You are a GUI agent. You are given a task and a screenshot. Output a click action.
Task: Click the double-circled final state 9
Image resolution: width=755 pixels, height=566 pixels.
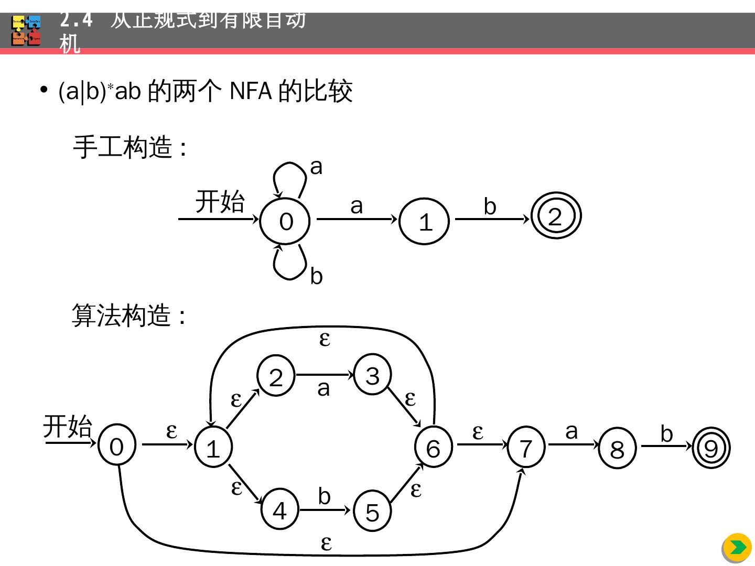tap(711, 448)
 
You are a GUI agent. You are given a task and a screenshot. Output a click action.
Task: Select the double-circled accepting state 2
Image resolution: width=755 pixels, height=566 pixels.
tap(556, 216)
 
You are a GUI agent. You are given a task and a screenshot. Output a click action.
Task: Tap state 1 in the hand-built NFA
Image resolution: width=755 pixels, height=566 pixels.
tap(425, 221)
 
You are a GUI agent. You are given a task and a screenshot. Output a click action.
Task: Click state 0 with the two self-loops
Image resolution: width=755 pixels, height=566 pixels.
tap(285, 221)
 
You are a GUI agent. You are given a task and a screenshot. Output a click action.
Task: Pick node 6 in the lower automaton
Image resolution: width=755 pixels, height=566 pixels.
tap(433, 448)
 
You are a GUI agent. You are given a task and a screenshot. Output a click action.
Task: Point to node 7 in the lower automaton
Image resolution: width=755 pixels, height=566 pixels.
tap(526, 448)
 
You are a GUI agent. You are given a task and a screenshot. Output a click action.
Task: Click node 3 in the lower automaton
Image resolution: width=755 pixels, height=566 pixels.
tap(372, 375)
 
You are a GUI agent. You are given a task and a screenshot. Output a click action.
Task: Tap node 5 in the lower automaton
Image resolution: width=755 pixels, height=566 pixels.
tap(372, 511)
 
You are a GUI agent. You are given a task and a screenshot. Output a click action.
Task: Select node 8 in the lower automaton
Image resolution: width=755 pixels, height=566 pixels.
tap(617, 449)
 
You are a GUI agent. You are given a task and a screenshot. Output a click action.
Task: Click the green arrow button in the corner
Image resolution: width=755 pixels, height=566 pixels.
tap(738, 548)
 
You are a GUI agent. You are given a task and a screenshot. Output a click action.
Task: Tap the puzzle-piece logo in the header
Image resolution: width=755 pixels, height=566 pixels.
tap(26, 30)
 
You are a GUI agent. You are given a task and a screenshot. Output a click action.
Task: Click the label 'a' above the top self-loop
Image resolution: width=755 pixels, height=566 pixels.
tap(316, 167)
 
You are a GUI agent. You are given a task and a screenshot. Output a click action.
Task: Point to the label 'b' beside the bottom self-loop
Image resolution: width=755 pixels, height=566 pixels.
tap(316, 276)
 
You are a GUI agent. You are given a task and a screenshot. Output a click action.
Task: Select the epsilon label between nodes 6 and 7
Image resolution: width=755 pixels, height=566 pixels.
tap(477, 432)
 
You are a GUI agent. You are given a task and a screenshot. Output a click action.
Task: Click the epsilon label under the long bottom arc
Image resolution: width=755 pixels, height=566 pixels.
tap(326, 543)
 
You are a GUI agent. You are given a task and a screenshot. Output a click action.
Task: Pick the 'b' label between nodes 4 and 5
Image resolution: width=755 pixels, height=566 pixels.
tap(324, 496)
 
